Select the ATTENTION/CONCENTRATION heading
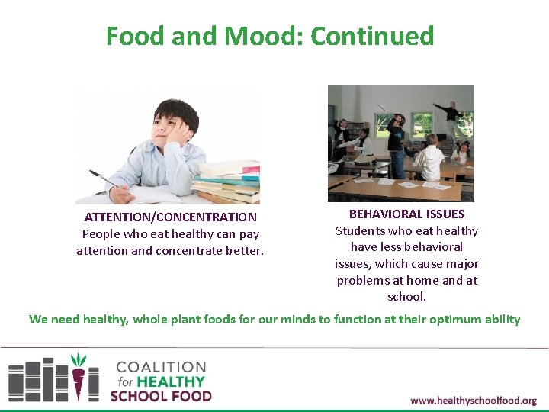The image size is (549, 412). click(x=170, y=217)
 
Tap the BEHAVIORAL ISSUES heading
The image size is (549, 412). click(x=406, y=214)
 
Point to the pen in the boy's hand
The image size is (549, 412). click(x=103, y=179)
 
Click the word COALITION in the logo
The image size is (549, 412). click(x=160, y=367)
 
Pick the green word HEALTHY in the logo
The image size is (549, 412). click(x=171, y=381)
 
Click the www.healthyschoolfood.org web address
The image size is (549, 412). click(x=473, y=401)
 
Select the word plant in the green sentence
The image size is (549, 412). click(x=216, y=319)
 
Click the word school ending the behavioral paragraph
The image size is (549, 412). click(x=406, y=297)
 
